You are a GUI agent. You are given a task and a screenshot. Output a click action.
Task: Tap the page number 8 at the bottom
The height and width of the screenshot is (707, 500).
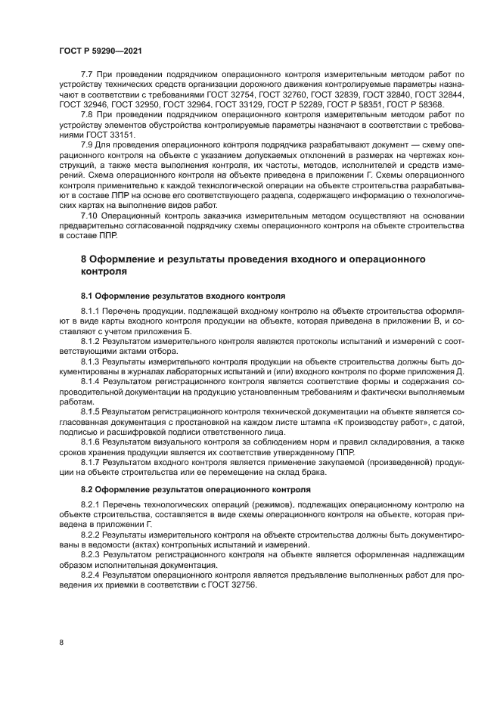tap(61, 641)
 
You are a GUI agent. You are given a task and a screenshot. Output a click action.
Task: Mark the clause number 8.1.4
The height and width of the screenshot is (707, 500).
tap(92, 382)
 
